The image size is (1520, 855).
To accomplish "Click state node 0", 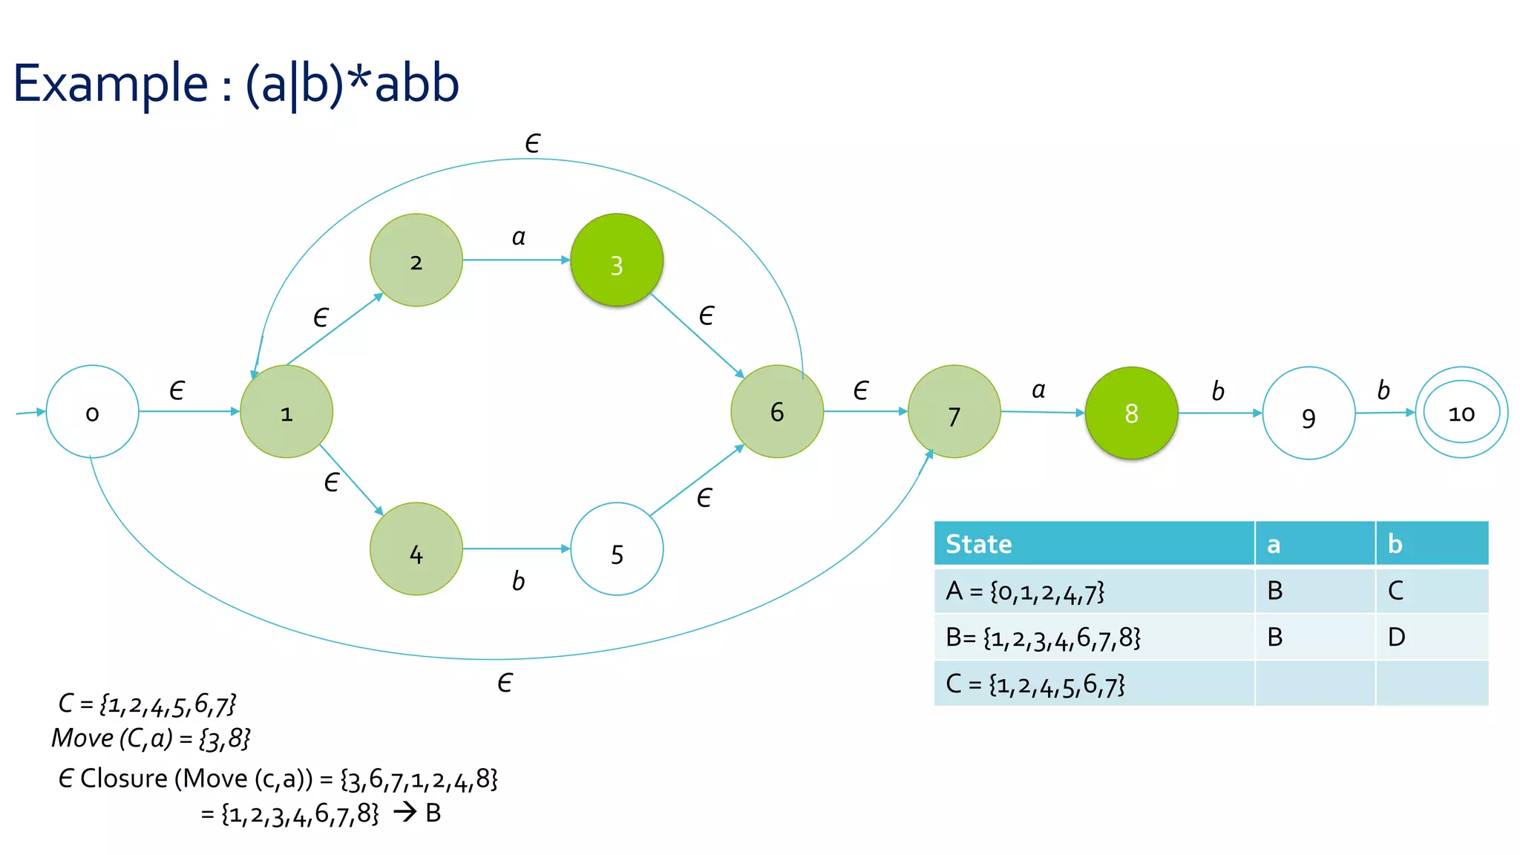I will point(92,412).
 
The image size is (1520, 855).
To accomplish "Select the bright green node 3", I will point(616,261).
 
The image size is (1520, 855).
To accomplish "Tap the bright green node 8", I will point(1131,413).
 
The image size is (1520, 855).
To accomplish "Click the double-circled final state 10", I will point(1461,413).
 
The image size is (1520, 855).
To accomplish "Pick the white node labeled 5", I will point(617,549).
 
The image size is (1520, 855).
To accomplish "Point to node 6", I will point(777,411).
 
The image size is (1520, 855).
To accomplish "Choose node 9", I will point(1308,413).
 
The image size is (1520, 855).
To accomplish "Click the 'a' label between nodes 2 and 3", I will point(518,237).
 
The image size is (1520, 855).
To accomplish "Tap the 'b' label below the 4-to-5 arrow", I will point(518,580).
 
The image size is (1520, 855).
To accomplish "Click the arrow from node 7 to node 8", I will point(1042,412).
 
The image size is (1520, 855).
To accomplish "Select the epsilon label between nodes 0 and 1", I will point(177,390).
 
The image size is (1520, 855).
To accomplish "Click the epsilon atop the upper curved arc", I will point(532,143).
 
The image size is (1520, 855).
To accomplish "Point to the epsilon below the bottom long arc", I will point(505,682).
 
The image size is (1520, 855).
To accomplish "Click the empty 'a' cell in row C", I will point(1314,684).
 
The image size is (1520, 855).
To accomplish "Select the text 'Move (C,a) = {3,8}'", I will point(151,738).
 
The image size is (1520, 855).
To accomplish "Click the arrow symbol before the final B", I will point(404,812).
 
